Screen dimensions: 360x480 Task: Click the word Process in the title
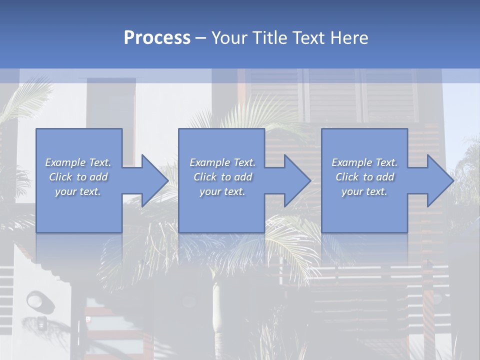[157, 37]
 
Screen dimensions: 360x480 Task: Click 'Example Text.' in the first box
[78, 162]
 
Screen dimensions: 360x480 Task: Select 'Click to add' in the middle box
[222, 177]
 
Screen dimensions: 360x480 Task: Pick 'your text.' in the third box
[364, 191]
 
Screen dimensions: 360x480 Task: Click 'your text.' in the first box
[78, 191]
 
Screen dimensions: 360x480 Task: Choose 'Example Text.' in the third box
[364, 162]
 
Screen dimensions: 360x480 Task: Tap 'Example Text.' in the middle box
[222, 162]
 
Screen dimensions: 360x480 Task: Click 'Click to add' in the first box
[78, 177]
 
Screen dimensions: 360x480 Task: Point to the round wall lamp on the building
[35, 300]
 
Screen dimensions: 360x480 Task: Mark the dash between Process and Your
[200, 38]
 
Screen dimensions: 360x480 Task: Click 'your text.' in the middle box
[222, 191]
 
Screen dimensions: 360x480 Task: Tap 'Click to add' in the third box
[364, 177]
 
